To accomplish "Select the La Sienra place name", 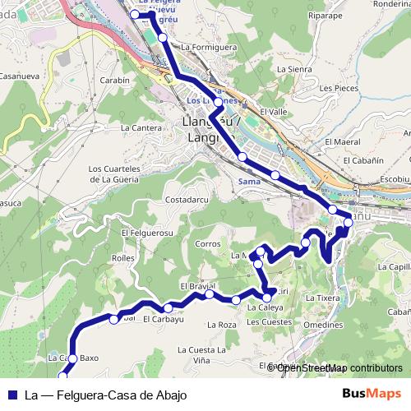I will pos(294,70).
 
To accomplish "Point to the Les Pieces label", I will pos(339,87).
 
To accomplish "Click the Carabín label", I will pos(114,81).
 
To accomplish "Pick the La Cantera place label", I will pos(141,127).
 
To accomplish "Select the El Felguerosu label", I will pos(148,233).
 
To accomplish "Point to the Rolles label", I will pos(122,257).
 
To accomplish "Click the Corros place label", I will pos(208,244).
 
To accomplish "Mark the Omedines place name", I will pos(323,325).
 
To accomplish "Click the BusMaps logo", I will pos(372,394).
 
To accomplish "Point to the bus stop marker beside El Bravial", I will pos(211,294).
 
